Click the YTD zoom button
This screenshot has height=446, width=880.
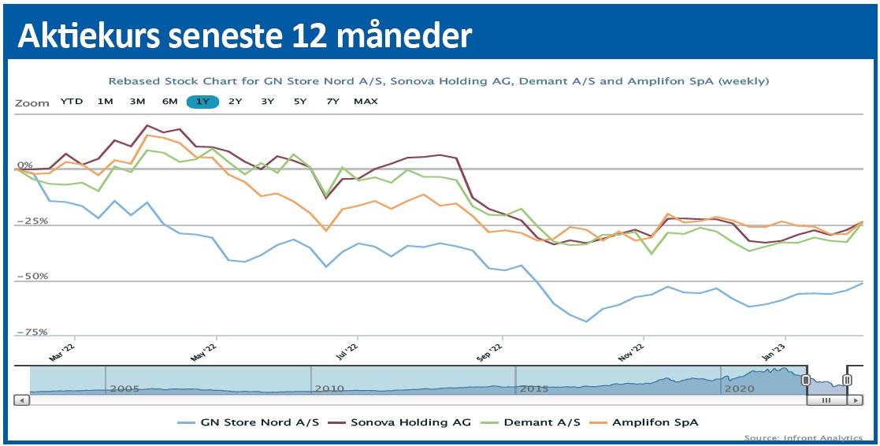(x=72, y=102)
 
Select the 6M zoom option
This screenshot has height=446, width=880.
(x=169, y=102)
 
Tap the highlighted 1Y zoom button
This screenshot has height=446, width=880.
(x=202, y=102)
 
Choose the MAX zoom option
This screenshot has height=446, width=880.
(x=366, y=102)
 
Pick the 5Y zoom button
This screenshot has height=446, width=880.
(x=300, y=102)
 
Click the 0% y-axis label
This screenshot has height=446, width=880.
(x=24, y=165)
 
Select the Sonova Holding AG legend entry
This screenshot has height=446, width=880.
(x=404, y=422)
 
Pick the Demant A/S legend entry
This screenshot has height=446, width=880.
(x=536, y=422)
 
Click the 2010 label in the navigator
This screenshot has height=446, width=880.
(x=329, y=388)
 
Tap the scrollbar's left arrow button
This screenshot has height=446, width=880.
(x=22, y=400)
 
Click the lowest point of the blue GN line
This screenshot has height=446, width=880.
(x=586, y=321)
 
